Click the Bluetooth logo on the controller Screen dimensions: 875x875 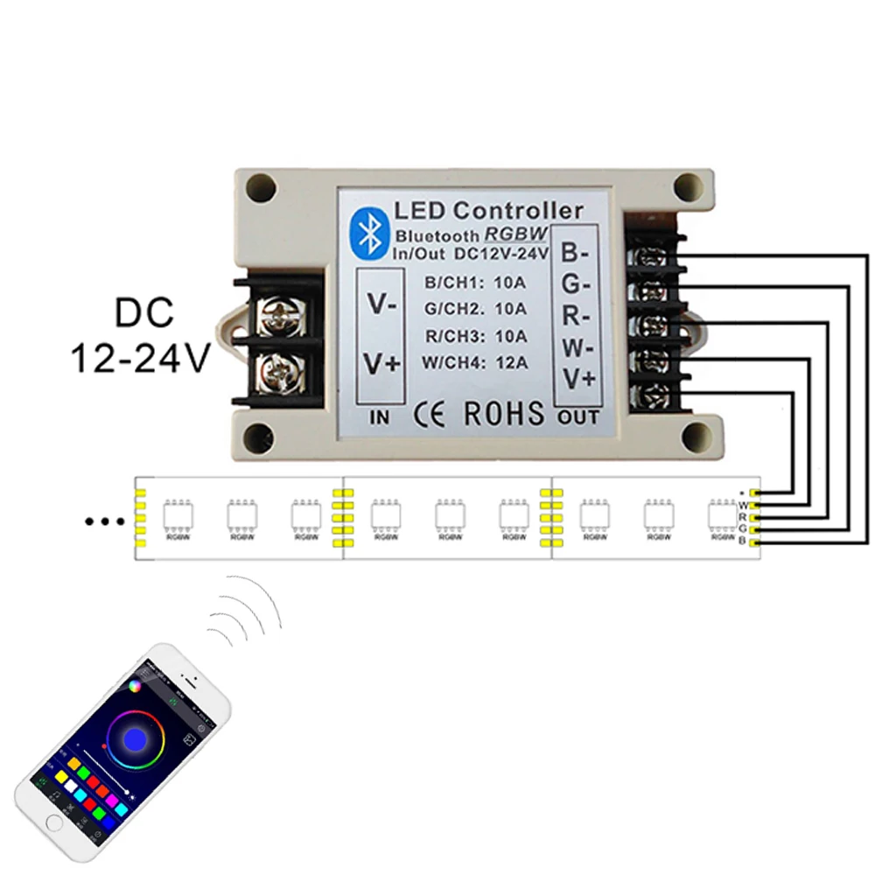click(367, 230)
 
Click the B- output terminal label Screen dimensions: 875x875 click(576, 254)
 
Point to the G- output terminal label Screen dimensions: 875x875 click(576, 285)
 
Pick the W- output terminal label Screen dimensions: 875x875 click(576, 348)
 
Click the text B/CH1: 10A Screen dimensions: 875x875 click(474, 283)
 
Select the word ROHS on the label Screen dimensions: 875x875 click(503, 413)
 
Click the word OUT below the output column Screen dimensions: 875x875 click(577, 417)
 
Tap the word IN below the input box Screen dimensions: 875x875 click(381, 418)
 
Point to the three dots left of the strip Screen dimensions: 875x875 click(105, 522)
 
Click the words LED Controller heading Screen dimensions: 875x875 click(488, 211)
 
